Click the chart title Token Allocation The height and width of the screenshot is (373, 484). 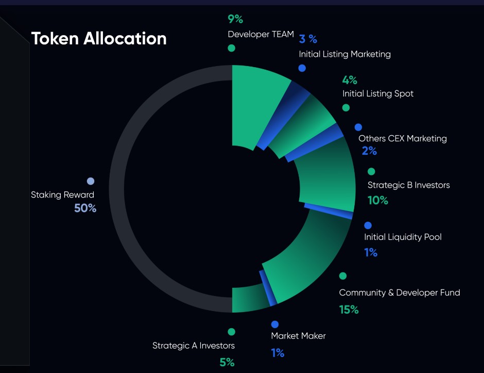point(99,38)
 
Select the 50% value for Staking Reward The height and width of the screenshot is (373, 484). point(85,208)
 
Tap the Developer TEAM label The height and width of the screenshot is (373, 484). point(261,35)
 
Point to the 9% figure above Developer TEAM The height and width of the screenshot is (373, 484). point(235,20)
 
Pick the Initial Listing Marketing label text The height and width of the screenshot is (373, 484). point(344,54)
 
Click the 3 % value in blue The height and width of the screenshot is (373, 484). point(308,39)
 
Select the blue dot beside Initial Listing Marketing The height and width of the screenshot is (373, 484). point(302,68)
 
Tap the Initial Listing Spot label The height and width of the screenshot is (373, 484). point(378,94)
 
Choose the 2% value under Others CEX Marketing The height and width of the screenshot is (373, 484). point(369,151)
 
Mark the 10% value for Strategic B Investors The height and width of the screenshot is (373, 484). point(377,200)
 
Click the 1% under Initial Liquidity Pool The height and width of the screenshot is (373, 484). point(371,252)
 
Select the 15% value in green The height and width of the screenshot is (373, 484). point(349,310)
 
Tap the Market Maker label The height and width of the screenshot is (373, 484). point(298,336)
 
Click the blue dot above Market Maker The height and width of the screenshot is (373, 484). point(275,325)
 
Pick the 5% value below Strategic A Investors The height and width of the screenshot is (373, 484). point(227,362)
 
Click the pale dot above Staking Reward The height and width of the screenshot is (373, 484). point(91,181)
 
